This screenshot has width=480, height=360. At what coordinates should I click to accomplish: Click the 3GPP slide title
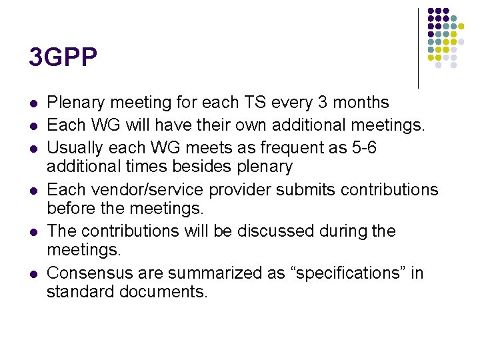pyautogui.click(x=63, y=57)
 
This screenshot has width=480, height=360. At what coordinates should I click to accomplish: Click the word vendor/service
pyautogui.click(x=148, y=189)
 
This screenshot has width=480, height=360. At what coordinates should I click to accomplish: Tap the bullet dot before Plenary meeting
pyautogui.click(x=32, y=104)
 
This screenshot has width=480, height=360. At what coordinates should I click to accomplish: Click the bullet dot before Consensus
pyautogui.click(x=32, y=275)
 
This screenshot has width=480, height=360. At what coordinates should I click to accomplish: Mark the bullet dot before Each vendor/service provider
pyautogui.click(x=32, y=191)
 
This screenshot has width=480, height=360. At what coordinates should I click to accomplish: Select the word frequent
pyautogui.click(x=296, y=147)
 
